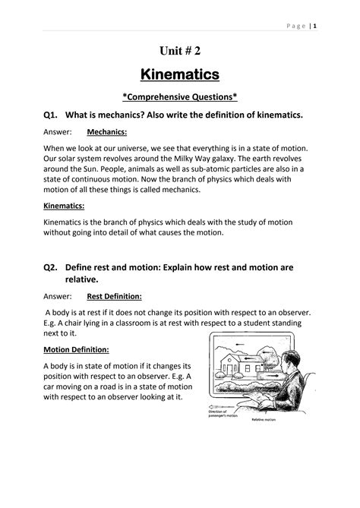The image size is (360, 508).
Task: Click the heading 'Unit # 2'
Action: click(x=180, y=51)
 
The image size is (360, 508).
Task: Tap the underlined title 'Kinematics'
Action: click(x=180, y=74)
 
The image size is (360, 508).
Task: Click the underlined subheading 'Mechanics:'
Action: click(x=106, y=131)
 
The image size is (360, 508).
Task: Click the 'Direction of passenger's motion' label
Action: click(x=217, y=415)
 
